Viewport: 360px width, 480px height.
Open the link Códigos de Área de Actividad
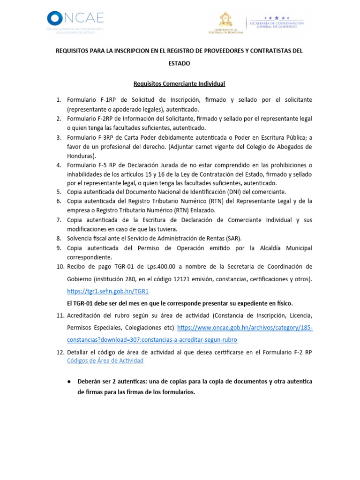tap(105, 360)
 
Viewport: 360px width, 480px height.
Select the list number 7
tap(59, 220)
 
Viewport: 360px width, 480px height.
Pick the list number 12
tap(59, 352)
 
